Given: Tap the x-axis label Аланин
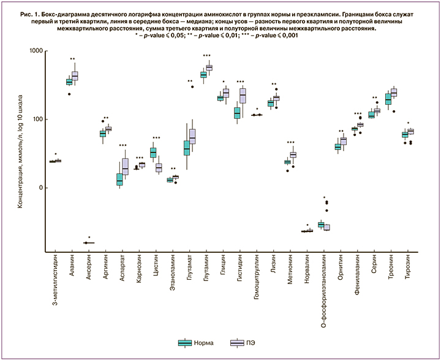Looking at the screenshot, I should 73,268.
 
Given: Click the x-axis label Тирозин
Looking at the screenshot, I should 406,269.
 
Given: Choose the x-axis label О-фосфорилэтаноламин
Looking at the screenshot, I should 323,288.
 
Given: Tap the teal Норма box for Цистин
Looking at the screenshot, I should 153,152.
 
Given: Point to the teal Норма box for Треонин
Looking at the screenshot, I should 388,99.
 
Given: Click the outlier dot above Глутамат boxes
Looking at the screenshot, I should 192,87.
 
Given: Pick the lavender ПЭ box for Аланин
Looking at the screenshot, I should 75,75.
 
